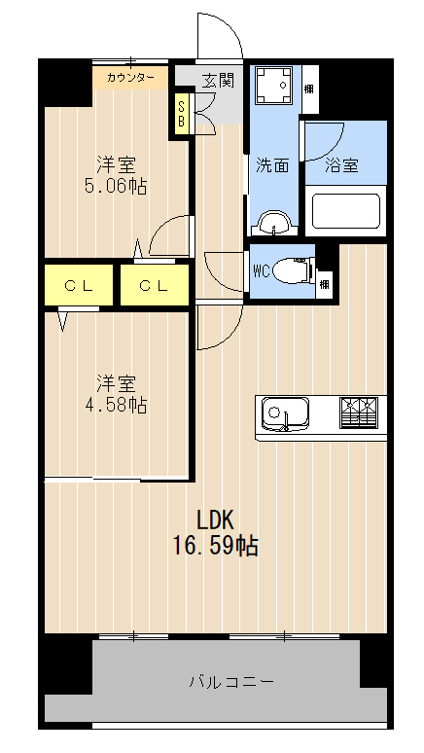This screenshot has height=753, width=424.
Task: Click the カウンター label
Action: [x=130, y=77]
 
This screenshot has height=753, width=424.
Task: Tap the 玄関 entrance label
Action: [x=218, y=81]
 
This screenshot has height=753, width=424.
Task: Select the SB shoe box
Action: [x=182, y=114]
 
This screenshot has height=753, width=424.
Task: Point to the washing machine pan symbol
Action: [x=273, y=85]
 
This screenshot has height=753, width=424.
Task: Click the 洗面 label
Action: [x=271, y=165]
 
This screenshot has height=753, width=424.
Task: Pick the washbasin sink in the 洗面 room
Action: [x=273, y=224]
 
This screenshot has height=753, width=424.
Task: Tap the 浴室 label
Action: [x=341, y=165]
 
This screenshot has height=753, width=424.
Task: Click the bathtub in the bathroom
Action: [x=346, y=211]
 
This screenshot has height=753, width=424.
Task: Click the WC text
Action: [x=262, y=271]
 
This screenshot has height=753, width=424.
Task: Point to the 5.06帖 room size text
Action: [x=116, y=186]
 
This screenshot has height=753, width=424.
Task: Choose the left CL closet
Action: [x=79, y=285]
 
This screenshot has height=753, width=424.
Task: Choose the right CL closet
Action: [x=155, y=285]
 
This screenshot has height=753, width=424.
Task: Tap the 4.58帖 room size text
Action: [x=116, y=405]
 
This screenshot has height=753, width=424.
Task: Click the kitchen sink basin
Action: [x=285, y=412]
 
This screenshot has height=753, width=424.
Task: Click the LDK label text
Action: [x=215, y=520]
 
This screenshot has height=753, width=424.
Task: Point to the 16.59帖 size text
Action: [x=215, y=546]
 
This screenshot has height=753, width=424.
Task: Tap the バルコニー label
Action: [x=231, y=681]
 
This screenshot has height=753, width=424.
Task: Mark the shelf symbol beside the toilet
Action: [x=325, y=283]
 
